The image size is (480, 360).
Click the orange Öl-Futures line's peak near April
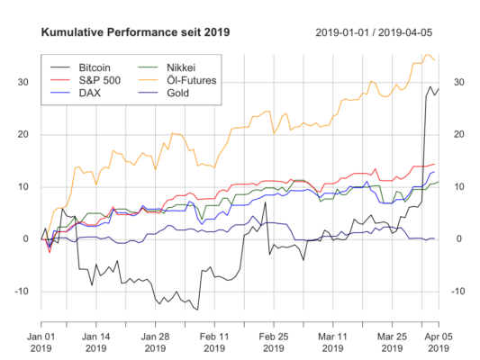pyautogui.click(x=427, y=55)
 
